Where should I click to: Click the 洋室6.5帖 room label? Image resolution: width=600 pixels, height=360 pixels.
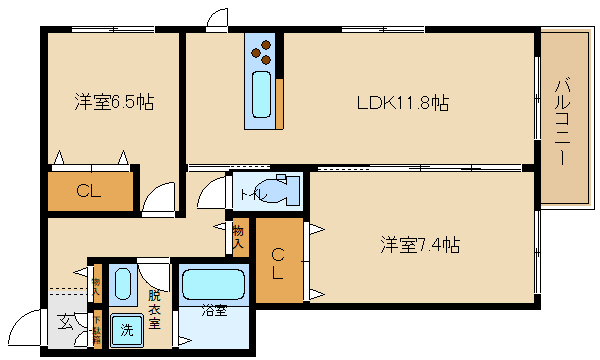[x=112, y=102]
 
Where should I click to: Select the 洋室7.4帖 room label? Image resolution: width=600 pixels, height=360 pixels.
[x=420, y=243]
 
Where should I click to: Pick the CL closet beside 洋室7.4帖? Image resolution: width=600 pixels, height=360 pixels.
[x=278, y=260]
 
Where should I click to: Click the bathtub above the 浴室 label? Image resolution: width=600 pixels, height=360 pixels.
[x=212, y=285]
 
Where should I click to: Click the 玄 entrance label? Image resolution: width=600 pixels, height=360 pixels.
[x=64, y=322]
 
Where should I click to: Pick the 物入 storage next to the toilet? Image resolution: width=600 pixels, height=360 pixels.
[x=239, y=236]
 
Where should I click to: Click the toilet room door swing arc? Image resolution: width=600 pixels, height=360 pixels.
[x=213, y=192]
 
